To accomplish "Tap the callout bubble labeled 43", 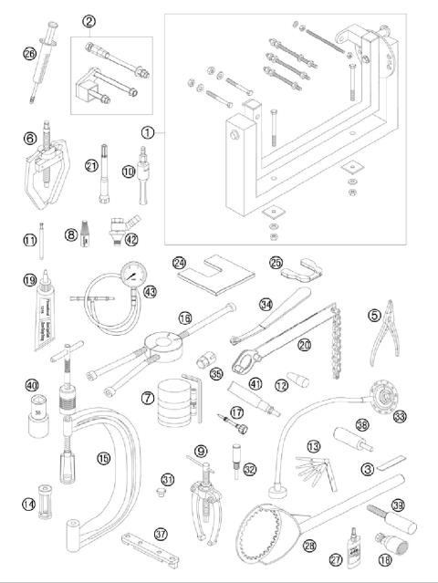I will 149,291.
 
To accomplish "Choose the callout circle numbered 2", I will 89,20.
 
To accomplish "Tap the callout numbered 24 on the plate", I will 179,263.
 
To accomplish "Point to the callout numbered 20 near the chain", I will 305,345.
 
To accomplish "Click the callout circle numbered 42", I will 132,240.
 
